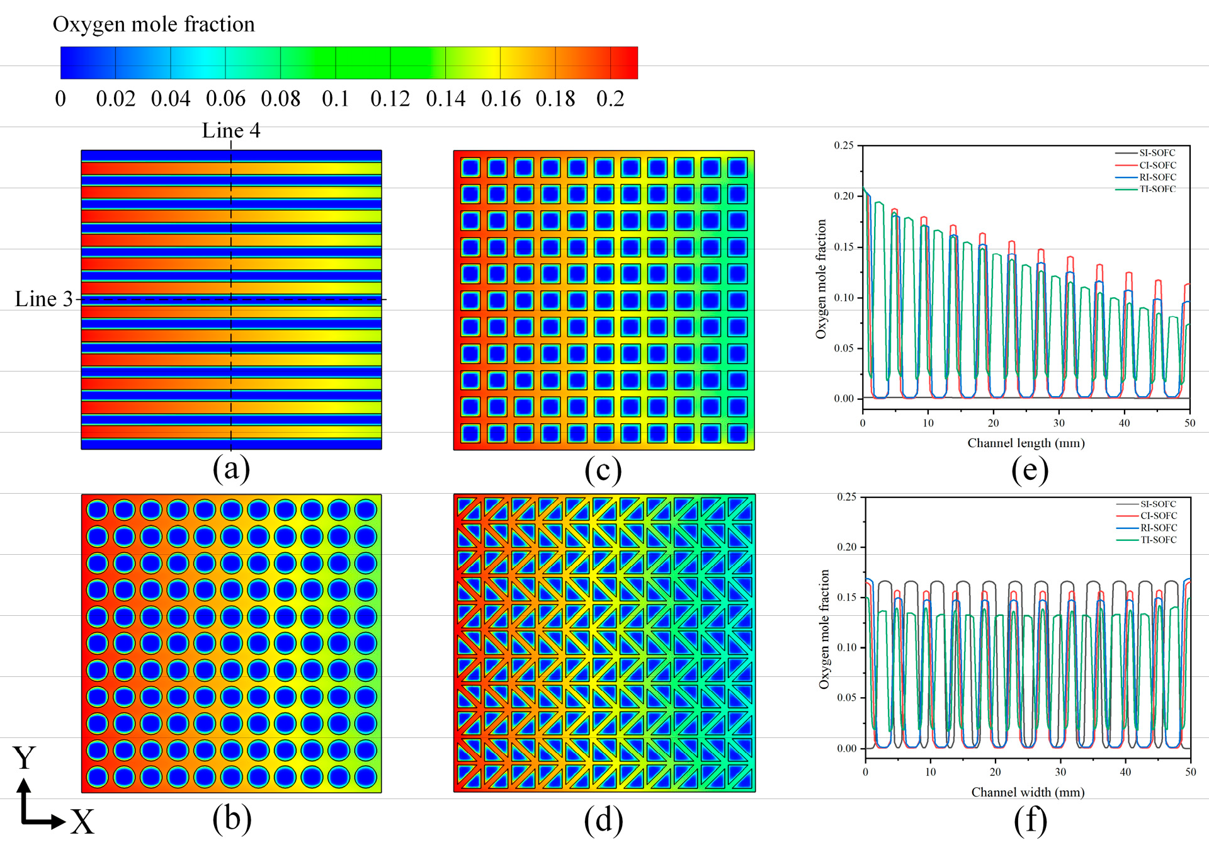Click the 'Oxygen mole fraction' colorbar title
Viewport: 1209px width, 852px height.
click(x=154, y=25)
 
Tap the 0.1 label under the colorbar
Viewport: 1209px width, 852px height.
click(x=336, y=99)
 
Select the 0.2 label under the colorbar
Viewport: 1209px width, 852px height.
click(x=610, y=99)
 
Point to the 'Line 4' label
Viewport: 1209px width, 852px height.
click(x=231, y=130)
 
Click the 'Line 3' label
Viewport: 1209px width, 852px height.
click(x=44, y=299)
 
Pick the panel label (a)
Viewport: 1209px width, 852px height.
click(x=231, y=469)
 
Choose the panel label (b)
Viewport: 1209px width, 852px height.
click(x=232, y=819)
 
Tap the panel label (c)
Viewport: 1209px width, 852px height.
click(x=603, y=470)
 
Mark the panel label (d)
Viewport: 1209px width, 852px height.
click(x=604, y=820)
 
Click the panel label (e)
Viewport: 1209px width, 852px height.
click(x=1030, y=470)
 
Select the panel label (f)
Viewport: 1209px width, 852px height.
click(x=1031, y=821)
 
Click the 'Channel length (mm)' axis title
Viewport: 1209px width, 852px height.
click(x=1026, y=443)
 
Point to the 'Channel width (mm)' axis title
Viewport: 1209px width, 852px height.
click(x=1028, y=792)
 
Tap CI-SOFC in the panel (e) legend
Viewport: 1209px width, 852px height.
click(x=1158, y=165)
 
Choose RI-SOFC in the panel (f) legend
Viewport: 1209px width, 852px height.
click(x=1159, y=528)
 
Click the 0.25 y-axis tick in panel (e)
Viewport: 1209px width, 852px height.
click(x=844, y=145)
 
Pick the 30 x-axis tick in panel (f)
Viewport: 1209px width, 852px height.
click(x=1060, y=772)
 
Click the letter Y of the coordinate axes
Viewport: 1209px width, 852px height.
click(x=25, y=758)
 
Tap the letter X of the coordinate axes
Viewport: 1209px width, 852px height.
click(x=82, y=822)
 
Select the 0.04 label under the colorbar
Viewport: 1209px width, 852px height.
click(x=171, y=99)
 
